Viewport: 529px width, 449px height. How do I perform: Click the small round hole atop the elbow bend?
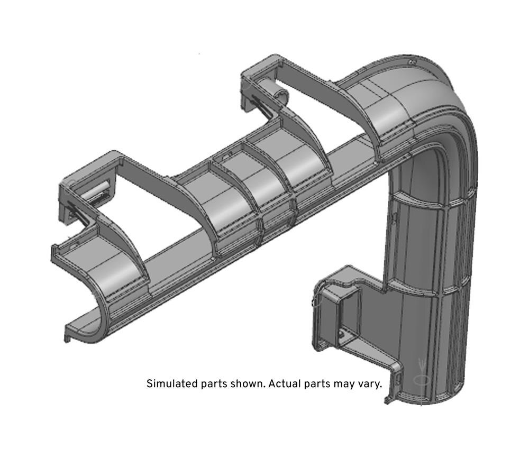[x=411, y=62]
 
